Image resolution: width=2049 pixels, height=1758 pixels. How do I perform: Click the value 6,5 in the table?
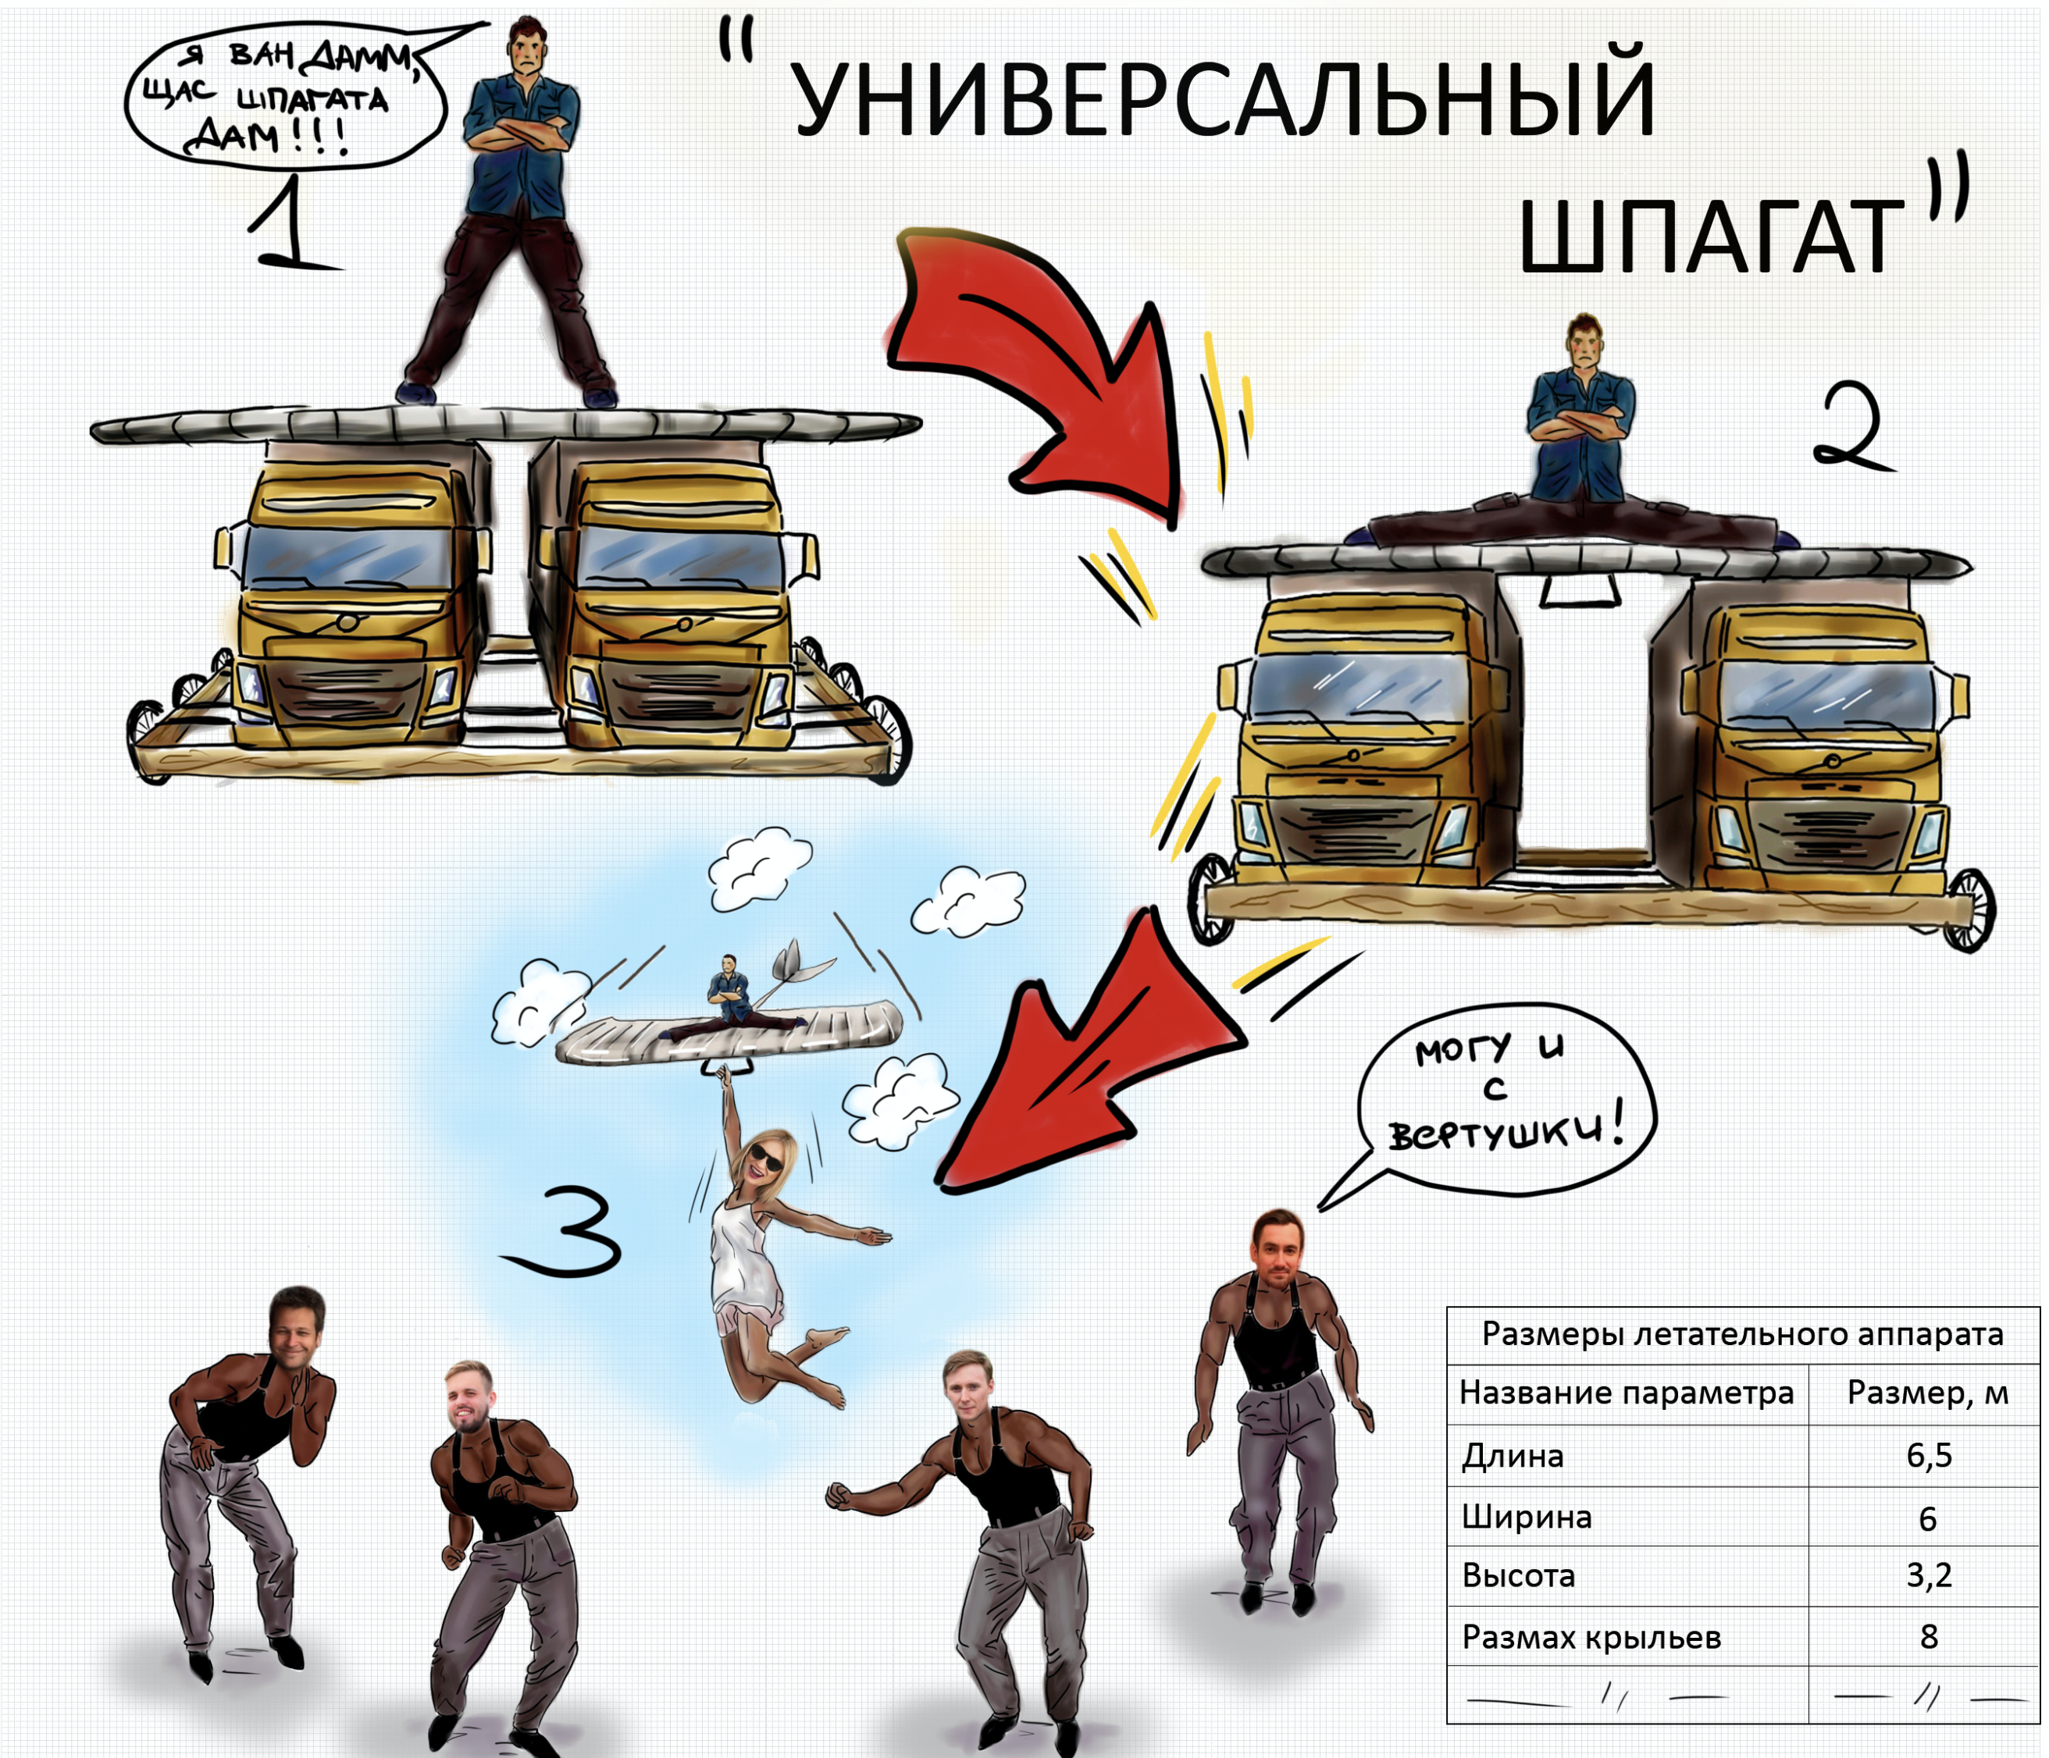point(1928,1455)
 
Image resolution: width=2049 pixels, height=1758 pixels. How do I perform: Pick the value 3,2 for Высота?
point(1928,1575)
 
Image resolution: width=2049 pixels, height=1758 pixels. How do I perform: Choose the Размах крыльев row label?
point(1591,1637)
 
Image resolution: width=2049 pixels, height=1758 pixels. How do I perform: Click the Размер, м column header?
point(1927,1393)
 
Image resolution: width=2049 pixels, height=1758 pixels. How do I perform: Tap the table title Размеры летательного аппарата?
point(1742,1335)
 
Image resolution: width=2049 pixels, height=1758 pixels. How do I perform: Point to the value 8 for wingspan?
point(1928,1637)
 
